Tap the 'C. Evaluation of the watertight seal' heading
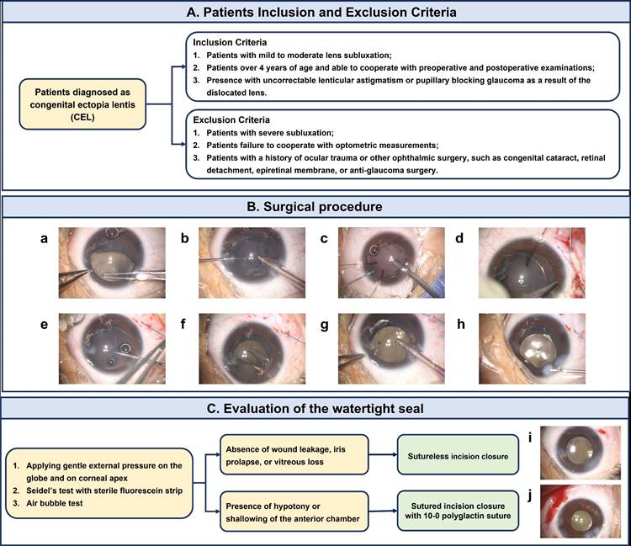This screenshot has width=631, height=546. coord(315,409)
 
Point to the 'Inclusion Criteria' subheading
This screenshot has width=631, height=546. coord(232,41)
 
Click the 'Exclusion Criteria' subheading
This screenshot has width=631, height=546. coord(233,119)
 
